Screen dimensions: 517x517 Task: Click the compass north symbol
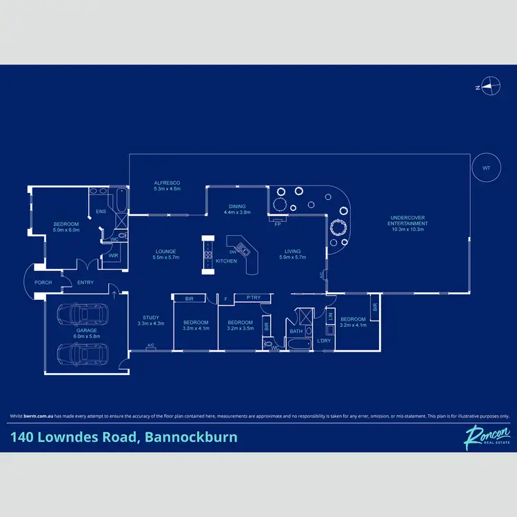[x=490, y=87]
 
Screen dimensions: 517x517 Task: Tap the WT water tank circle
[x=487, y=168]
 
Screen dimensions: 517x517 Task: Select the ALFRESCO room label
[x=166, y=185]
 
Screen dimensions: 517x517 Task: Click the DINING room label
[x=237, y=209]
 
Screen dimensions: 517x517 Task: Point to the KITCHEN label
[x=226, y=261]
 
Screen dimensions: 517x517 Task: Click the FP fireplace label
[x=277, y=225]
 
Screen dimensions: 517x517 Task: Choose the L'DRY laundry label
[x=323, y=341]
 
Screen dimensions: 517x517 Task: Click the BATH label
[x=296, y=332]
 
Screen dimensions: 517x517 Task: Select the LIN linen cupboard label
[x=330, y=316]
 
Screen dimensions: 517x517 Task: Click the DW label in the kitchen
[x=233, y=252]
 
